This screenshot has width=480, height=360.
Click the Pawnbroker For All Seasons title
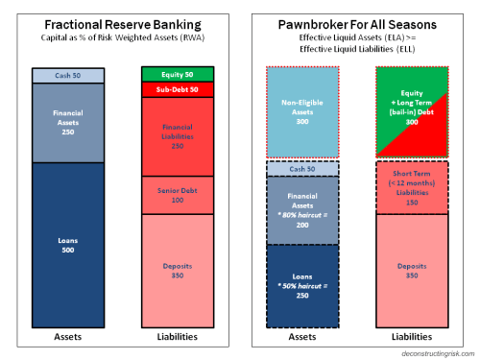tap(359, 24)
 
